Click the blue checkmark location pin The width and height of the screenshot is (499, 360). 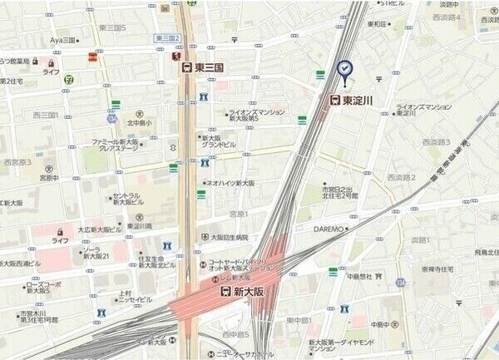pos(344,70)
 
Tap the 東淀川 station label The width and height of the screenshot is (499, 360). pos(358,100)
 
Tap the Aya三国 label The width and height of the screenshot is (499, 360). pos(63,39)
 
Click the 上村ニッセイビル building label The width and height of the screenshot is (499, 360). pos(132,296)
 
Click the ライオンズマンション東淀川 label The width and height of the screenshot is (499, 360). pos(423,110)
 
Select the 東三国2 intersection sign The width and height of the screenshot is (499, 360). pos(168,38)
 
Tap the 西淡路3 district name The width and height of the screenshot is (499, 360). pos(436,142)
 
